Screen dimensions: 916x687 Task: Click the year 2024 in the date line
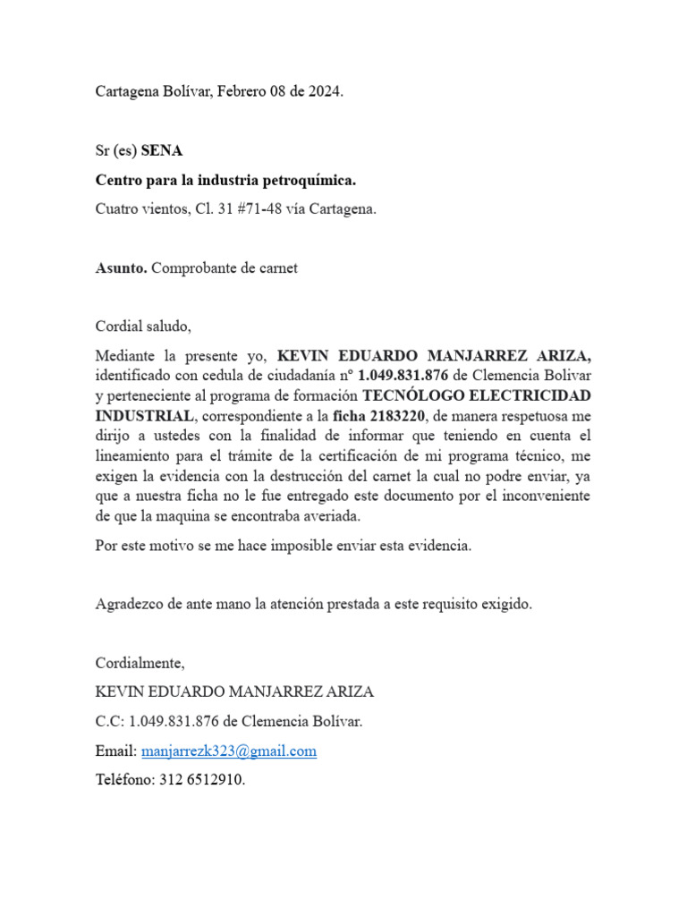click(x=324, y=91)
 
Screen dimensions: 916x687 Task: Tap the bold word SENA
click(x=162, y=151)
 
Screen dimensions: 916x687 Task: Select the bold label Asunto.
click(x=122, y=267)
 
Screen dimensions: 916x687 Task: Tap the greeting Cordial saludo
click(x=143, y=327)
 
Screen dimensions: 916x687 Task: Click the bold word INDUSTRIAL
click(x=144, y=416)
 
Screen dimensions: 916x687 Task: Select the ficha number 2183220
click(x=395, y=416)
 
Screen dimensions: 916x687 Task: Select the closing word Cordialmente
click(x=140, y=663)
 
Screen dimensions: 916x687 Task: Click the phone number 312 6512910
click(x=202, y=779)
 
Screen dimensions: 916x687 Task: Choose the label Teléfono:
click(x=125, y=779)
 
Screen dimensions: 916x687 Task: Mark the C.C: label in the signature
click(x=111, y=721)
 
